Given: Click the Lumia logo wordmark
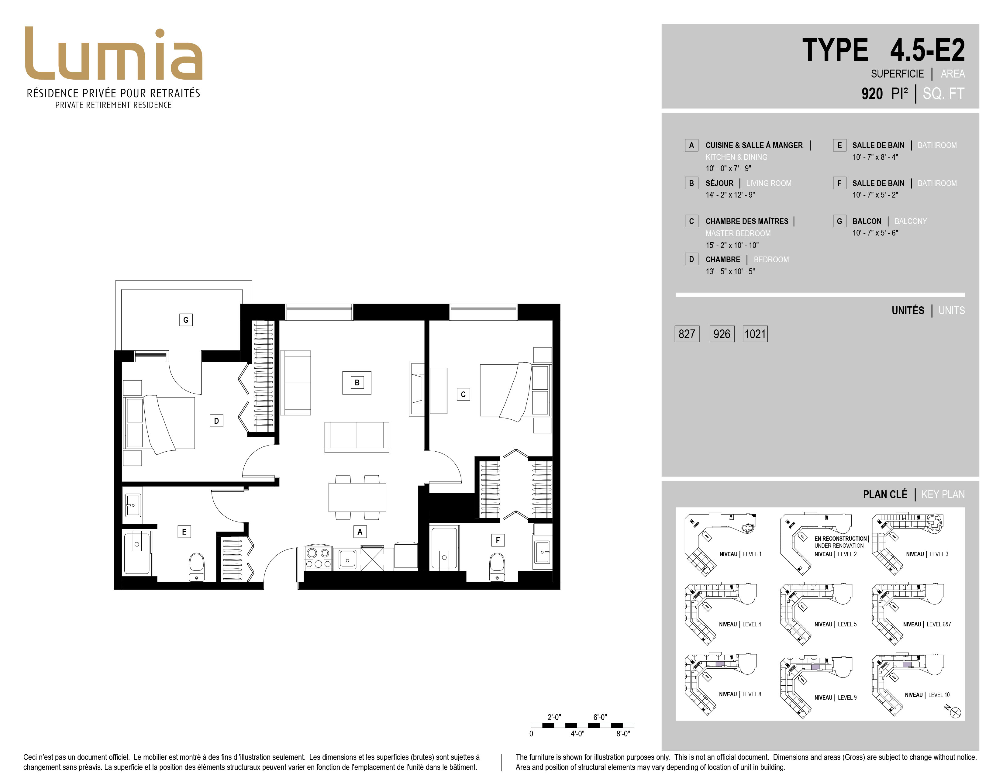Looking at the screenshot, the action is pos(113,54).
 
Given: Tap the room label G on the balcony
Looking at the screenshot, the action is pos(185,320).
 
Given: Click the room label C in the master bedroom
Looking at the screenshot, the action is pos(463,394).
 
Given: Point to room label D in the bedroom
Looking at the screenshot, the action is pos(216,421).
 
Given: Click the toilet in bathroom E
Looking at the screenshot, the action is pos(197,567).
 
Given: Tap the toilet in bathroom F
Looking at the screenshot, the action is pos(497,567).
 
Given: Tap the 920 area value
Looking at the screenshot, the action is pos(872,94).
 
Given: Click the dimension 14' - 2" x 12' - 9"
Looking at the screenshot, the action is pos(730,195).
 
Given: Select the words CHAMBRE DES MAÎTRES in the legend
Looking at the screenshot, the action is pos(747,221).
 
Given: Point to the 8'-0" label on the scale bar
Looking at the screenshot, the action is pos(623,734).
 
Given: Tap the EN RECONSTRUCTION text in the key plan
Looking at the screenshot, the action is pos(840,539).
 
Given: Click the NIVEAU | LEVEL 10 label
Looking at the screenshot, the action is pos(927,695).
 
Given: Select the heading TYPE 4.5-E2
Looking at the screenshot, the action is pos(883,50).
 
